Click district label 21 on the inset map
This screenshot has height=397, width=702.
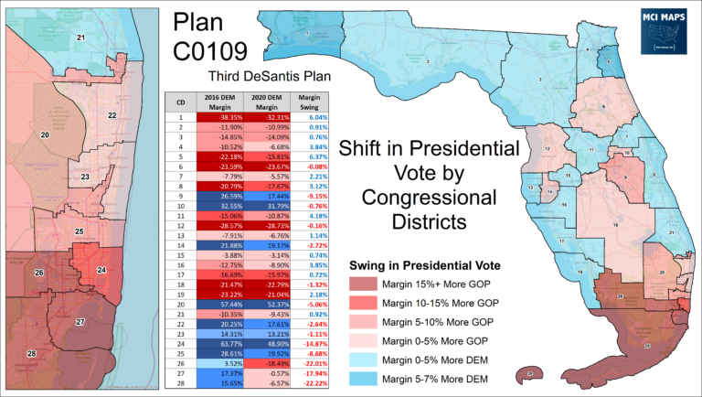pos(80,38)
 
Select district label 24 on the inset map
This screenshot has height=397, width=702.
pos(100,270)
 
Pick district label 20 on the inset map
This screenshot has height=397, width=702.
pos(44,135)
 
